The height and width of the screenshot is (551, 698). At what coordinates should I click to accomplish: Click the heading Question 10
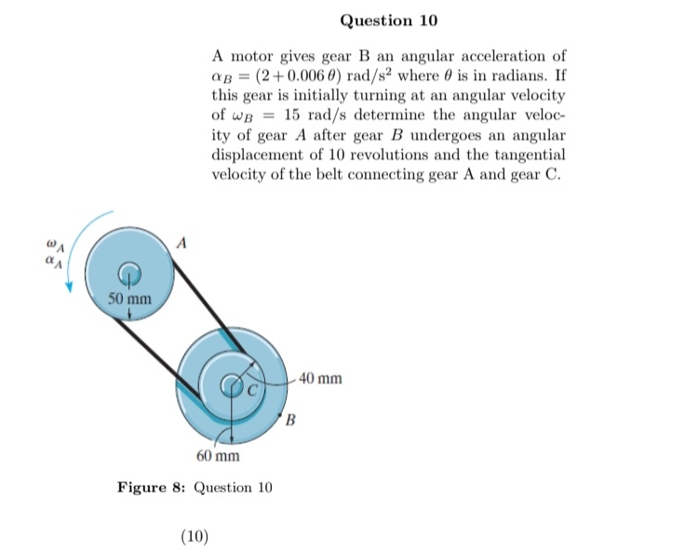tap(388, 20)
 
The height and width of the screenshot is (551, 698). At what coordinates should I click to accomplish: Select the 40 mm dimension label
tap(321, 379)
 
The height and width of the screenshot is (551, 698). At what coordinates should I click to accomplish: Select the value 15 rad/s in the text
tap(309, 115)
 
